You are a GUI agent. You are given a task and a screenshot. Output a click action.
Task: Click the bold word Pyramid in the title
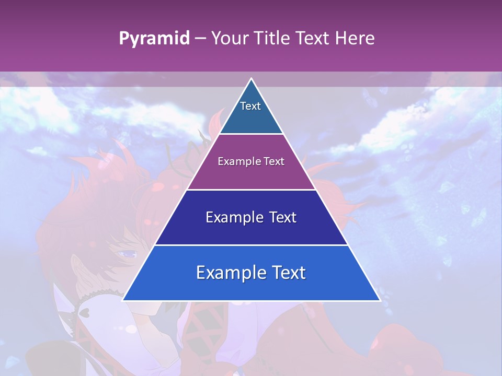tap(154, 39)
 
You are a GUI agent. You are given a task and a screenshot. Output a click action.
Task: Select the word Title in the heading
tap(272, 39)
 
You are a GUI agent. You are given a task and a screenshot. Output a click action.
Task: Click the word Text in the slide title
tap(313, 39)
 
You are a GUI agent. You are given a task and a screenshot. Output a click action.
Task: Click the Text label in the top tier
tap(250, 106)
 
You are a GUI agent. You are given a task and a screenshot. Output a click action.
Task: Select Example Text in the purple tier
tap(251, 161)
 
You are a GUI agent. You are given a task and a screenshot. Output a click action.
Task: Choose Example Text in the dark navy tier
tap(251, 217)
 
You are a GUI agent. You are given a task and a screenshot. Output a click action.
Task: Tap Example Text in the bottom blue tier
tap(251, 273)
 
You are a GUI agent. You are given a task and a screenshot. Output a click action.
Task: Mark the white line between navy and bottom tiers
tap(251, 245)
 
